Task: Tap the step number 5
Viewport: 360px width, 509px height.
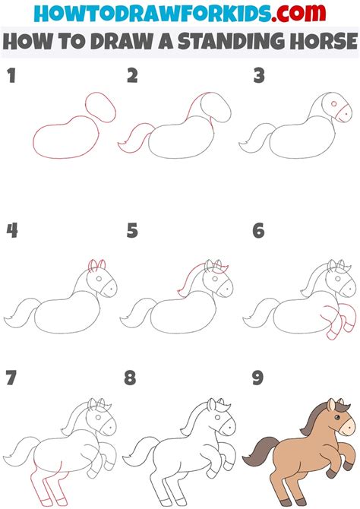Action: [133, 230]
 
